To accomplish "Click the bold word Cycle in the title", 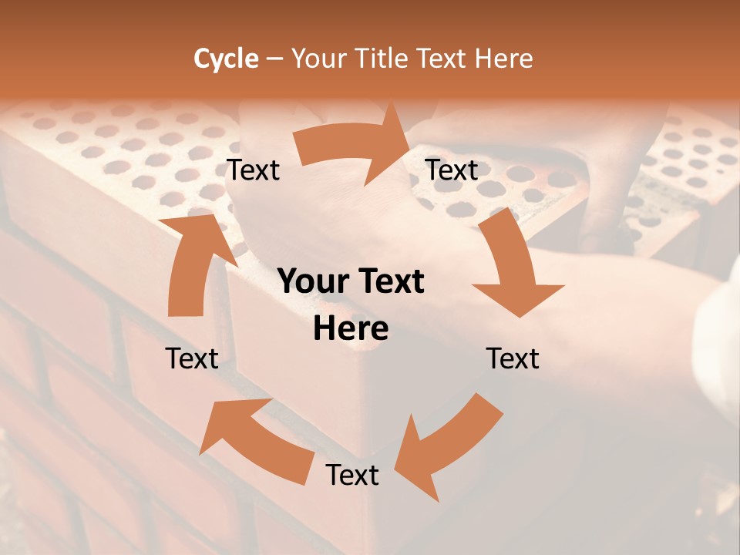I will coord(226,59).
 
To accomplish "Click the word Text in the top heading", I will coord(443,59).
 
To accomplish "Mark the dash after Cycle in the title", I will coord(274,59).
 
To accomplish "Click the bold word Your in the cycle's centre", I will coord(313,281).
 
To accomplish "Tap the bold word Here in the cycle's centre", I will coord(351,328).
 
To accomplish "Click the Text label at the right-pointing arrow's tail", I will coord(253,170).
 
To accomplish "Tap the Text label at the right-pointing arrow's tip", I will coord(452,170).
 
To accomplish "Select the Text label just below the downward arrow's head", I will coord(513,358).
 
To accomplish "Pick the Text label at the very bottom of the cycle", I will coord(352,475).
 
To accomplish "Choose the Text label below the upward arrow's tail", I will coord(192,358).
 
